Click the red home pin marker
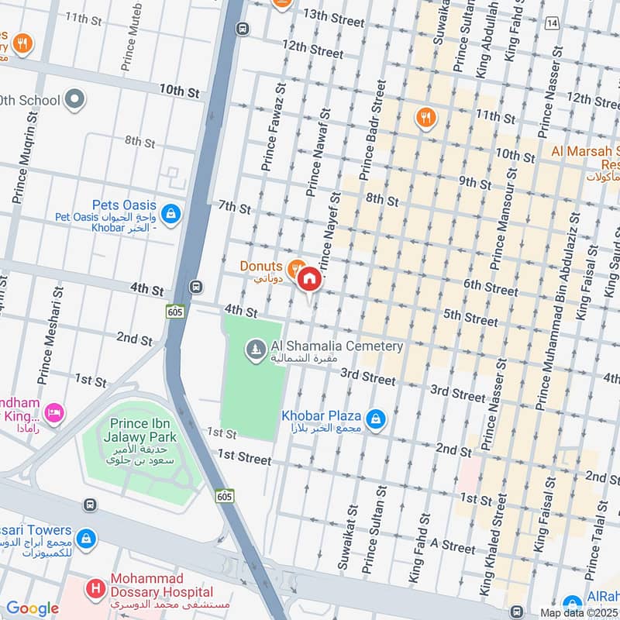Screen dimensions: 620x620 point(309,280)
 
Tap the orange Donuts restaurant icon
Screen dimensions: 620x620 point(294,268)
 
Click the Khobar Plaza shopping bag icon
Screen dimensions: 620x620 point(376,420)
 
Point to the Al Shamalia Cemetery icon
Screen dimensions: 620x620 point(254,351)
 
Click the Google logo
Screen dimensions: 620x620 point(32,608)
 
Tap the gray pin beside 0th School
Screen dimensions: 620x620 point(74,99)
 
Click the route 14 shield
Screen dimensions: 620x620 point(552,25)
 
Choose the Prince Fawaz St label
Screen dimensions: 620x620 point(274,129)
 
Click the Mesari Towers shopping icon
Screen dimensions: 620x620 point(87,536)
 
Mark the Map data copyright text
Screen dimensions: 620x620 point(580,612)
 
